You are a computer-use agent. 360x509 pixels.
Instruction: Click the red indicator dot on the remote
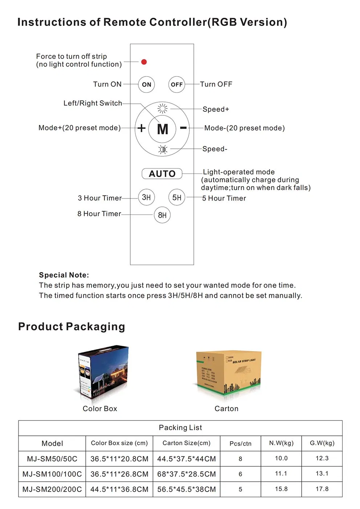coord(144,62)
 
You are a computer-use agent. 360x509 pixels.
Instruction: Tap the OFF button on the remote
coord(177,85)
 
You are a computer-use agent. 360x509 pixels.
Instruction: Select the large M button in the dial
coord(163,129)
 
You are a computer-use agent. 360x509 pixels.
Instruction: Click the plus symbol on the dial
coord(142,128)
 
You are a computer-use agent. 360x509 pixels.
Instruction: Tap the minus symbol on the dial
coord(184,128)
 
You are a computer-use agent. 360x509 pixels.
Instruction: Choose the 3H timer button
coord(146,197)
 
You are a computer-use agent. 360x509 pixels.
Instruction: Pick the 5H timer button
coord(177,197)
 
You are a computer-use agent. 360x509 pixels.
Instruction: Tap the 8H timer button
coord(162,215)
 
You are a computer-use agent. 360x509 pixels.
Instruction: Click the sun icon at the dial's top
coord(163,108)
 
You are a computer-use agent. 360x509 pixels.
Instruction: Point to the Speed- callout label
coord(215,149)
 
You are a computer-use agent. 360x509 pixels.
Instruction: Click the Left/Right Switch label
coord(93,103)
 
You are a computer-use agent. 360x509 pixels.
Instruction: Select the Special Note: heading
coord(64,275)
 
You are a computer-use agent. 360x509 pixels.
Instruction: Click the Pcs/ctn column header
coord(240,443)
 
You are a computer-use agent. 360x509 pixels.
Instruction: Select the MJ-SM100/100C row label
coord(52,474)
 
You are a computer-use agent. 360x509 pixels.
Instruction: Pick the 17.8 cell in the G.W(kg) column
coord(322,489)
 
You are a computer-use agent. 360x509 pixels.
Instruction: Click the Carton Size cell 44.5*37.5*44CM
coord(187,459)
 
